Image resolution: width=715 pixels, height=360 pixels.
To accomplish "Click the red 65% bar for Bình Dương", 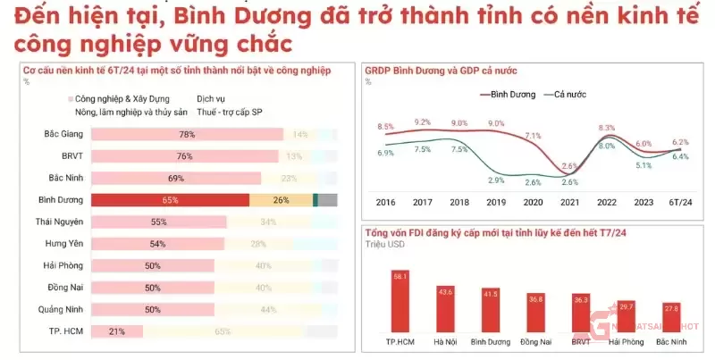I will pyautogui.click(x=170, y=200).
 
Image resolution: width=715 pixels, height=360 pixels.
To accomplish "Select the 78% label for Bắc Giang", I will pyautogui.click(x=187, y=135).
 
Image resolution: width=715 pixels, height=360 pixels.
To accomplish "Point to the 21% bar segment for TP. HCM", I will pyautogui.click(x=116, y=331).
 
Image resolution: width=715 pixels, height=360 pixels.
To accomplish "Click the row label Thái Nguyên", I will pyautogui.click(x=57, y=222).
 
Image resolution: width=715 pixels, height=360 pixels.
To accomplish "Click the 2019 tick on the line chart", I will pyautogui.click(x=496, y=203).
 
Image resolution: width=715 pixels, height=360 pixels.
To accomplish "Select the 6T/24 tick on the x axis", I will pyautogui.click(x=679, y=203).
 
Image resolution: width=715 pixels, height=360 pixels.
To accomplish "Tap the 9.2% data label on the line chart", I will pyautogui.click(x=423, y=122).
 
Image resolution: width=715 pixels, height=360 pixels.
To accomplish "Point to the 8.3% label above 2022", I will pyautogui.click(x=607, y=128).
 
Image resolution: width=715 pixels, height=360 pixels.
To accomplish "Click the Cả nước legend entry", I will pyautogui.click(x=568, y=93).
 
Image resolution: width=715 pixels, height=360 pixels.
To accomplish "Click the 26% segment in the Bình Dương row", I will pyautogui.click(x=281, y=200).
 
